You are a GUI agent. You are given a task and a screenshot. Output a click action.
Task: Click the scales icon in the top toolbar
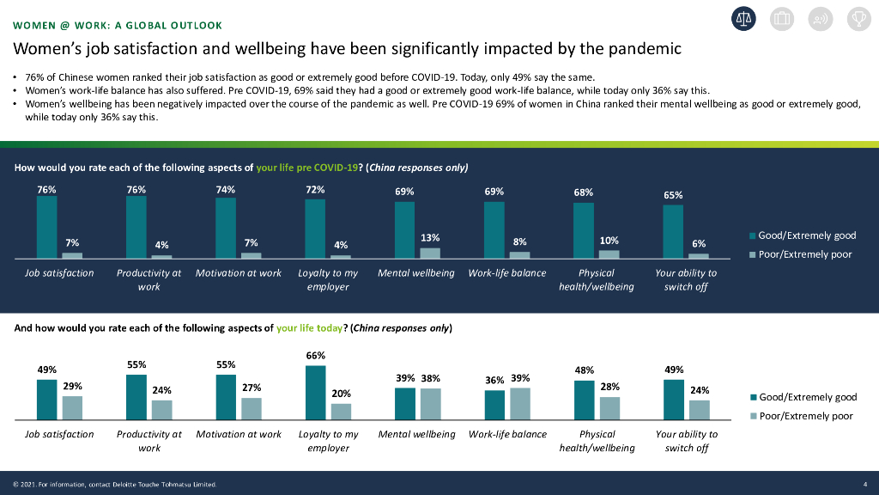pyautogui.click(x=743, y=18)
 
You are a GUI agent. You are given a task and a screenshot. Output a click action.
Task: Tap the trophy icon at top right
pyautogui.click(x=858, y=18)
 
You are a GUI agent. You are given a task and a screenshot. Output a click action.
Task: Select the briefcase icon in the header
pyautogui.click(x=782, y=18)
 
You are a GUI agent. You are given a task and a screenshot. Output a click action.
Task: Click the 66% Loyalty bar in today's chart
pyautogui.click(x=315, y=392)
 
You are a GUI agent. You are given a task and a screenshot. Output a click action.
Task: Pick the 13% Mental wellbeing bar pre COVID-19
pyautogui.click(x=430, y=253)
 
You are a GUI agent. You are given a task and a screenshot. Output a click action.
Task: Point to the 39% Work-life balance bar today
pyautogui.click(x=520, y=403)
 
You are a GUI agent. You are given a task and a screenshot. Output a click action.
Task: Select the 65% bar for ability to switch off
pyautogui.click(x=673, y=231)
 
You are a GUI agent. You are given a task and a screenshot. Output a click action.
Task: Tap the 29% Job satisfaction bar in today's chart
pyautogui.click(x=73, y=407)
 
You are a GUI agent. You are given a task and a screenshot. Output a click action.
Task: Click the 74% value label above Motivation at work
pyautogui.click(x=226, y=190)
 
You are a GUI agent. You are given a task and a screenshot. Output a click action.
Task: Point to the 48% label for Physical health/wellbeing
pyautogui.click(x=584, y=370)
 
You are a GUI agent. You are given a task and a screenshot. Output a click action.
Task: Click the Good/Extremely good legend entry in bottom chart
pyautogui.click(x=803, y=397)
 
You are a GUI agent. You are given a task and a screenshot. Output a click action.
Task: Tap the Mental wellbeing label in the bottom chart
pyautogui.click(x=416, y=434)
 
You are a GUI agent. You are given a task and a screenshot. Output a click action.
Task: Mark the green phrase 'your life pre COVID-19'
pyautogui.click(x=306, y=168)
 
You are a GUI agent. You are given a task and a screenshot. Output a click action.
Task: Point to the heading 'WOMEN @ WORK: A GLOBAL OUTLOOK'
pyautogui.click(x=118, y=25)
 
